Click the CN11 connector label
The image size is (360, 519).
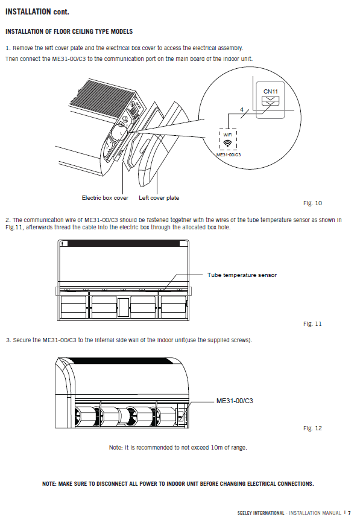pos(270,91)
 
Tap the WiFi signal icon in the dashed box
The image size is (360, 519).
pos(228,143)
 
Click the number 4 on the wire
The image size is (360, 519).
pos(242,109)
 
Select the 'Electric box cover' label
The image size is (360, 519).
pos(105,198)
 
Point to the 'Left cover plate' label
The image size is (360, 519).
pos(159,198)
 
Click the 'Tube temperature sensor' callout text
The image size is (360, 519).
pos(242,275)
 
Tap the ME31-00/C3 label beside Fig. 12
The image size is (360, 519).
pos(235,401)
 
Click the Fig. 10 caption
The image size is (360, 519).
pos(312,203)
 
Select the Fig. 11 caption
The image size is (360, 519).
pos(312,323)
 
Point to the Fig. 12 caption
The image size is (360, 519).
pos(312,428)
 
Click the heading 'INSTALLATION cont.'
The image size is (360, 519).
pos(37,12)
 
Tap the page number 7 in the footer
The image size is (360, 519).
pos(349,513)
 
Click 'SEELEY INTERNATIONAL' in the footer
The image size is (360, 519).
pos(261,513)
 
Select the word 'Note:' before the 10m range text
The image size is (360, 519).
pos(116,448)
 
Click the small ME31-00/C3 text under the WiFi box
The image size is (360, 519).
pos(229,155)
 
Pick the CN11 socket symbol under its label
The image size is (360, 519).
pos(270,101)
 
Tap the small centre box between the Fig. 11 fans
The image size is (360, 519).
pos(123,308)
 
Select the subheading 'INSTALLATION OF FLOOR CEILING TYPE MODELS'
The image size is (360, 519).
pos(69,32)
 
